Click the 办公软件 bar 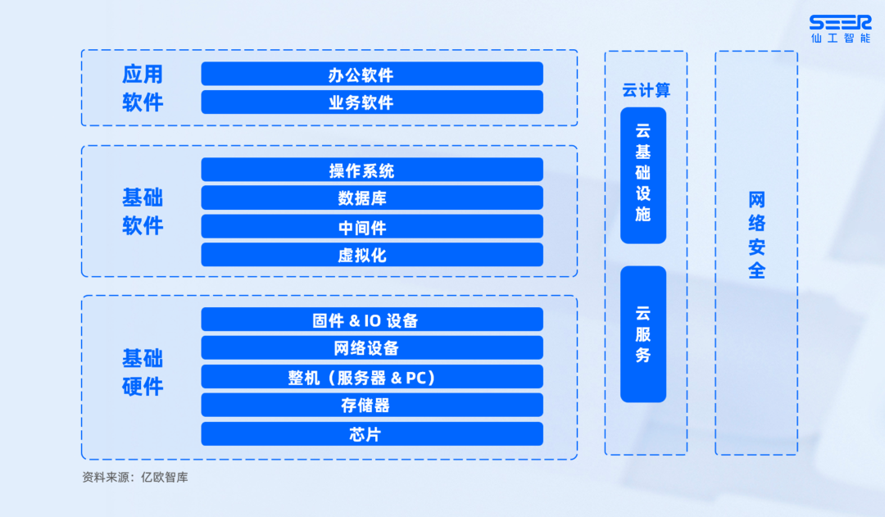[x=372, y=75]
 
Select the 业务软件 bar [x=372, y=102]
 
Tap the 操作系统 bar [x=372, y=170]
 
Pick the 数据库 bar [x=372, y=198]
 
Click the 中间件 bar [x=372, y=227]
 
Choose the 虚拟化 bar [x=372, y=255]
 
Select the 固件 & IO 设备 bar [x=372, y=320]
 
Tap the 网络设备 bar [x=372, y=348]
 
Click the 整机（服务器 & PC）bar [x=372, y=377]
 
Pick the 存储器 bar [x=372, y=405]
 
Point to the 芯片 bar [x=372, y=434]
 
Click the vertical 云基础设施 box [x=643, y=175]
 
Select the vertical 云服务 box [x=643, y=334]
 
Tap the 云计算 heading [x=646, y=90]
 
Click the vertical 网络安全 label [x=756, y=235]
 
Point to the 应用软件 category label [x=143, y=88]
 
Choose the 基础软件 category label [x=143, y=211]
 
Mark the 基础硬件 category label [x=143, y=372]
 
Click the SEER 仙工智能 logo [x=839, y=29]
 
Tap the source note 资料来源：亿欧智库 [x=135, y=477]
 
